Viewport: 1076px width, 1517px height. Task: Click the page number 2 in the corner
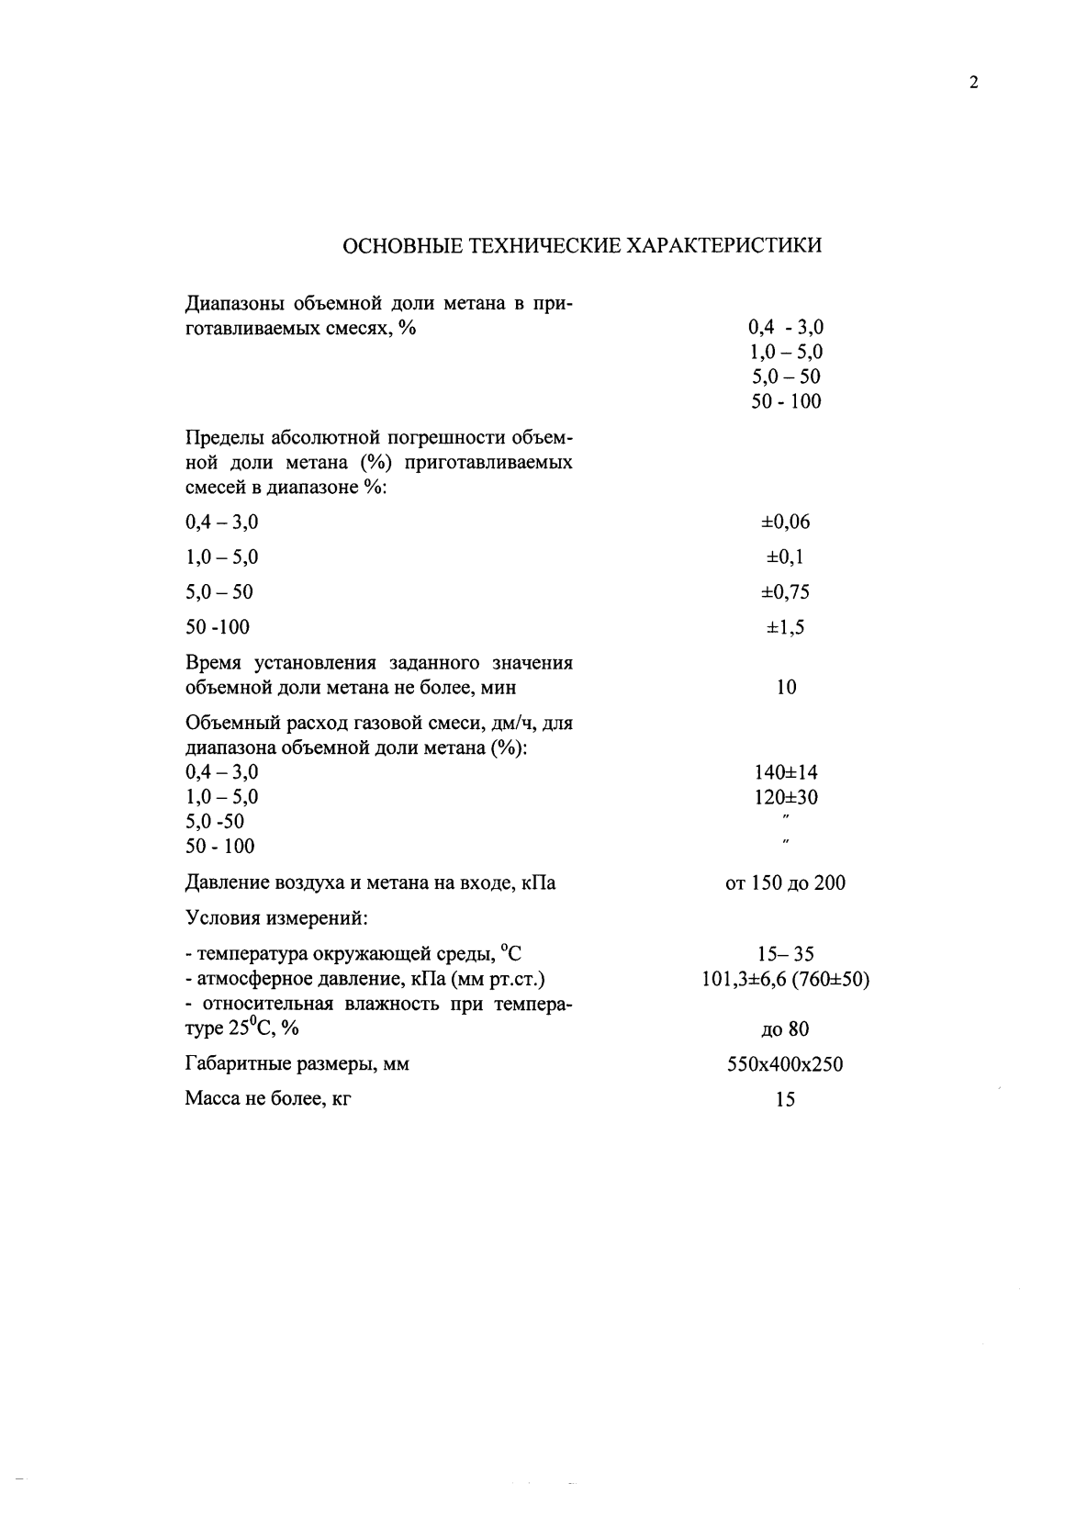click(x=973, y=84)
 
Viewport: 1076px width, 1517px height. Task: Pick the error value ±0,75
click(x=785, y=592)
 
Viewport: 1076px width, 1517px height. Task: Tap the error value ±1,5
click(x=785, y=627)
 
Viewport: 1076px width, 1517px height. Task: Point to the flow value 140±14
click(x=785, y=772)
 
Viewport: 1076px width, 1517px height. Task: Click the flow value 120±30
click(x=785, y=797)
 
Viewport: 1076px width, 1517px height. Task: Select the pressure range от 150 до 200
click(x=785, y=883)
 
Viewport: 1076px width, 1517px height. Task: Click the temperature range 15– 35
click(x=785, y=955)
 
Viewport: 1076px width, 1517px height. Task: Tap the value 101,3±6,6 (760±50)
click(x=785, y=980)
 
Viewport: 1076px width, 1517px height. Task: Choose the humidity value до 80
click(x=785, y=1029)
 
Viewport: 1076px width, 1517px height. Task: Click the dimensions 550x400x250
click(x=785, y=1065)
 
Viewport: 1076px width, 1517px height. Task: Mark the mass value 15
click(x=785, y=1100)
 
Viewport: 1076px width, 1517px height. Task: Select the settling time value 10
click(x=786, y=688)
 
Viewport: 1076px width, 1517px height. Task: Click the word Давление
click(x=227, y=883)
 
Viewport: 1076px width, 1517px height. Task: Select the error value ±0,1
click(x=785, y=557)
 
